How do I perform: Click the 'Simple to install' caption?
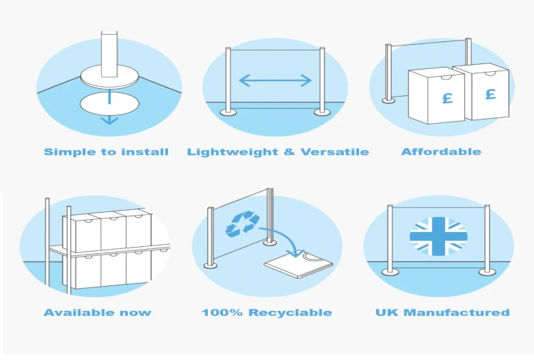pyautogui.click(x=106, y=152)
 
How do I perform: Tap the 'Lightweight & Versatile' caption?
pyautogui.click(x=278, y=152)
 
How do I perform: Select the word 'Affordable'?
pyautogui.click(x=441, y=152)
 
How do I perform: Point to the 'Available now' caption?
pyautogui.click(x=98, y=312)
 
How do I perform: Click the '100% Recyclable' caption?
pyautogui.click(x=267, y=312)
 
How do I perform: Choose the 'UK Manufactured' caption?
pyautogui.click(x=442, y=312)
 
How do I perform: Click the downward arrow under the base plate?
pyautogui.click(x=110, y=108)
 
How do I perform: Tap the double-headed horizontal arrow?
pyautogui.click(x=275, y=80)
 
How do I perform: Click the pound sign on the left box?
pyautogui.click(x=448, y=98)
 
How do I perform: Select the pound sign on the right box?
pyautogui.click(x=491, y=94)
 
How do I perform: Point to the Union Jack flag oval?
pyautogui.click(x=439, y=236)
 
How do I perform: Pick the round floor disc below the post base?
pyautogui.click(x=110, y=104)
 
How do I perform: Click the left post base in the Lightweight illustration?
pyautogui.click(x=228, y=112)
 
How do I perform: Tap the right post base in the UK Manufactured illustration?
pyautogui.click(x=487, y=272)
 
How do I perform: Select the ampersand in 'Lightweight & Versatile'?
pyautogui.click(x=289, y=152)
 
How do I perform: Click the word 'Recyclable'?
pyautogui.click(x=290, y=312)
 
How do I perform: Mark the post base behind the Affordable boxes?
pyautogui.click(x=389, y=100)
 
